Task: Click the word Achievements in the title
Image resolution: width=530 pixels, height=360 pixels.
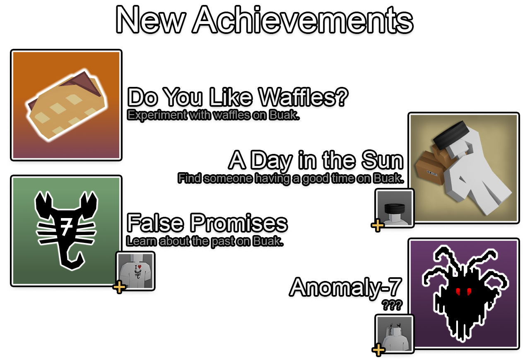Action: pos(304,20)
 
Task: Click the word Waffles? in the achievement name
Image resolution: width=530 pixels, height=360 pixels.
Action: pos(304,97)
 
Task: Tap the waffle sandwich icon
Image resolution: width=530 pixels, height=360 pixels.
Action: pos(66,105)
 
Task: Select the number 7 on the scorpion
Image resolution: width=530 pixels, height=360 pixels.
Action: pos(66,227)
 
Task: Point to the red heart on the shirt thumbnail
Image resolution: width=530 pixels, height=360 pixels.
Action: pos(140,266)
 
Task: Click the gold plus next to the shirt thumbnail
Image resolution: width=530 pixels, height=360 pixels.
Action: pos(119,287)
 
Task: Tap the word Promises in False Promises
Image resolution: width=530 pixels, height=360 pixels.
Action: pos(239,222)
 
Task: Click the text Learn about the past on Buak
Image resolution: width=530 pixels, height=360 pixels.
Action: pos(205,241)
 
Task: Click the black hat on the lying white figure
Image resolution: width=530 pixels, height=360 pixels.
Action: pos(451,135)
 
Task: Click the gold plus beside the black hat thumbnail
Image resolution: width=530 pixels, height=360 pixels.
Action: pos(378,225)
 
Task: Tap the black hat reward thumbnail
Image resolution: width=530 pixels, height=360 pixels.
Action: pos(395,208)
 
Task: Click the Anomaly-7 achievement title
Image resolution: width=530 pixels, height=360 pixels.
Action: pos(345,287)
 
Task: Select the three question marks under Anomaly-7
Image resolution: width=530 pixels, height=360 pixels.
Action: pos(392,305)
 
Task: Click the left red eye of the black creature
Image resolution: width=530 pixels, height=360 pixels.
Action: pos(458,291)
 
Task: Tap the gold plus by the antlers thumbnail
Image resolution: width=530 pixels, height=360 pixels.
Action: pos(378,350)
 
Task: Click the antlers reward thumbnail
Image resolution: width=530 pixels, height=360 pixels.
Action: pos(395,334)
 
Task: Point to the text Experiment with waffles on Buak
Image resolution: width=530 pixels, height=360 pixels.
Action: pos(213,115)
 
